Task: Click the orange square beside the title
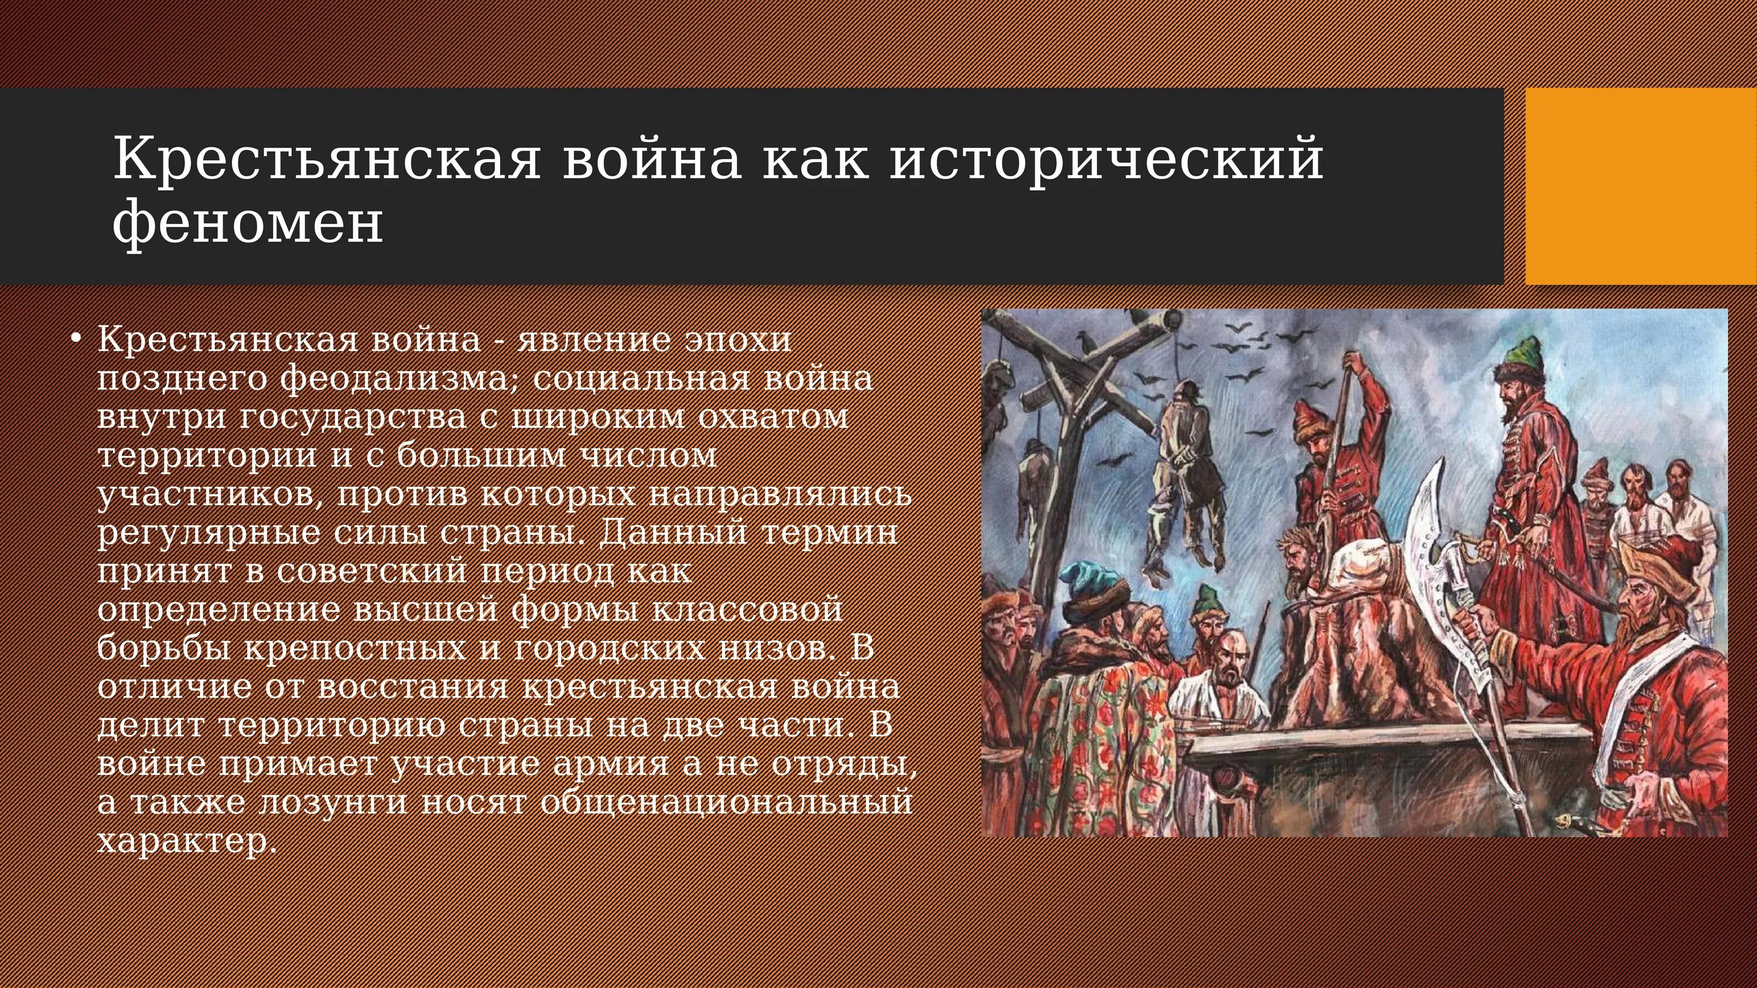(x=1640, y=186)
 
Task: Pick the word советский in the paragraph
(x=371, y=571)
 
